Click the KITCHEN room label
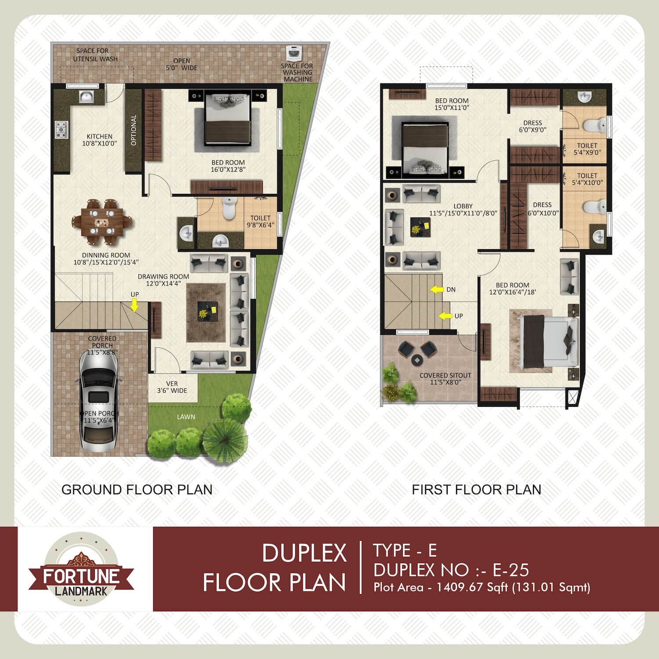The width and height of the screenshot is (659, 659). (100, 136)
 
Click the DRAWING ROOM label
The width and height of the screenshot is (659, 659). (163, 276)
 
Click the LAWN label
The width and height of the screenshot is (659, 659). (186, 416)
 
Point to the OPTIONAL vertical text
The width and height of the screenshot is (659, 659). (134, 130)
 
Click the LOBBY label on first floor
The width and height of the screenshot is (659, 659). (463, 206)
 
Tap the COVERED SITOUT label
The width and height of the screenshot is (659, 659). (445, 376)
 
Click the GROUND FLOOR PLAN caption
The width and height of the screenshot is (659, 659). (137, 489)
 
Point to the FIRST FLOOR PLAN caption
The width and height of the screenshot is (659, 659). (477, 489)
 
